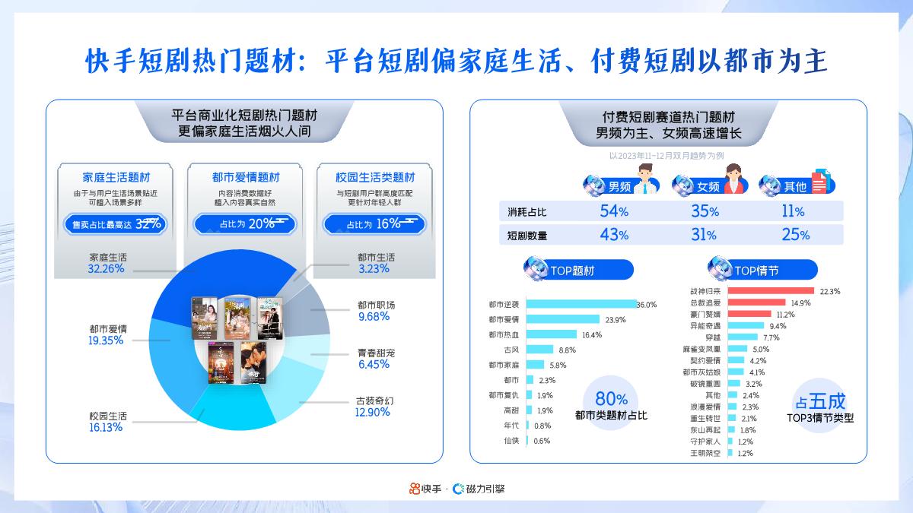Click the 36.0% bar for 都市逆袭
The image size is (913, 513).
point(581,304)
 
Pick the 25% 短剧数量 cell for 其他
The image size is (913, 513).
point(794,235)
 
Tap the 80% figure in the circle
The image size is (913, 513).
point(611,399)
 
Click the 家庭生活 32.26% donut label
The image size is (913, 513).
point(107,263)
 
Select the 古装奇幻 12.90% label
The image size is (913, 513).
point(373,406)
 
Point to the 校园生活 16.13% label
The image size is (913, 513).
point(107,421)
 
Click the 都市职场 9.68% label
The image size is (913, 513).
point(376,311)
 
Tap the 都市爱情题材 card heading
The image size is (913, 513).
point(246,177)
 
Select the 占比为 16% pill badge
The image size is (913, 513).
point(373,223)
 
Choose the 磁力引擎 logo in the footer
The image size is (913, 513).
point(479,489)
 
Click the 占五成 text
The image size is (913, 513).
point(820,401)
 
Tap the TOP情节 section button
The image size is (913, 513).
point(762,270)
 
